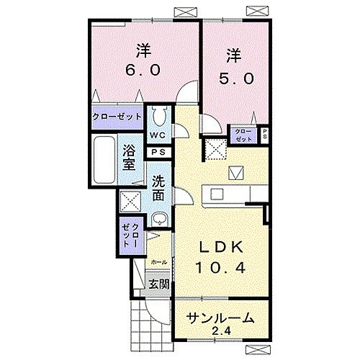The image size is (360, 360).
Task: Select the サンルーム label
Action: [x=220, y=318]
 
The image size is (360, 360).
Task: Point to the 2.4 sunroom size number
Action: [x=222, y=332]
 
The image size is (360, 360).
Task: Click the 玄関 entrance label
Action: [x=159, y=284]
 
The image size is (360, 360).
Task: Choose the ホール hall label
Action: [x=159, y=262]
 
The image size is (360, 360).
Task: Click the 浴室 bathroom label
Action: [x=130, y=156]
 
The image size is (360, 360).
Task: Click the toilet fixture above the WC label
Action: [x=159, y=116]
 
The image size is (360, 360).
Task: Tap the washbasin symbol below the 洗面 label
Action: [x=160, y=219]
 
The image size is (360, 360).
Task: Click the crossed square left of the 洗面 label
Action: [x=130, y=201]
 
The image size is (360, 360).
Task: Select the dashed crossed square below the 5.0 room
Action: [x=215, y=149]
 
